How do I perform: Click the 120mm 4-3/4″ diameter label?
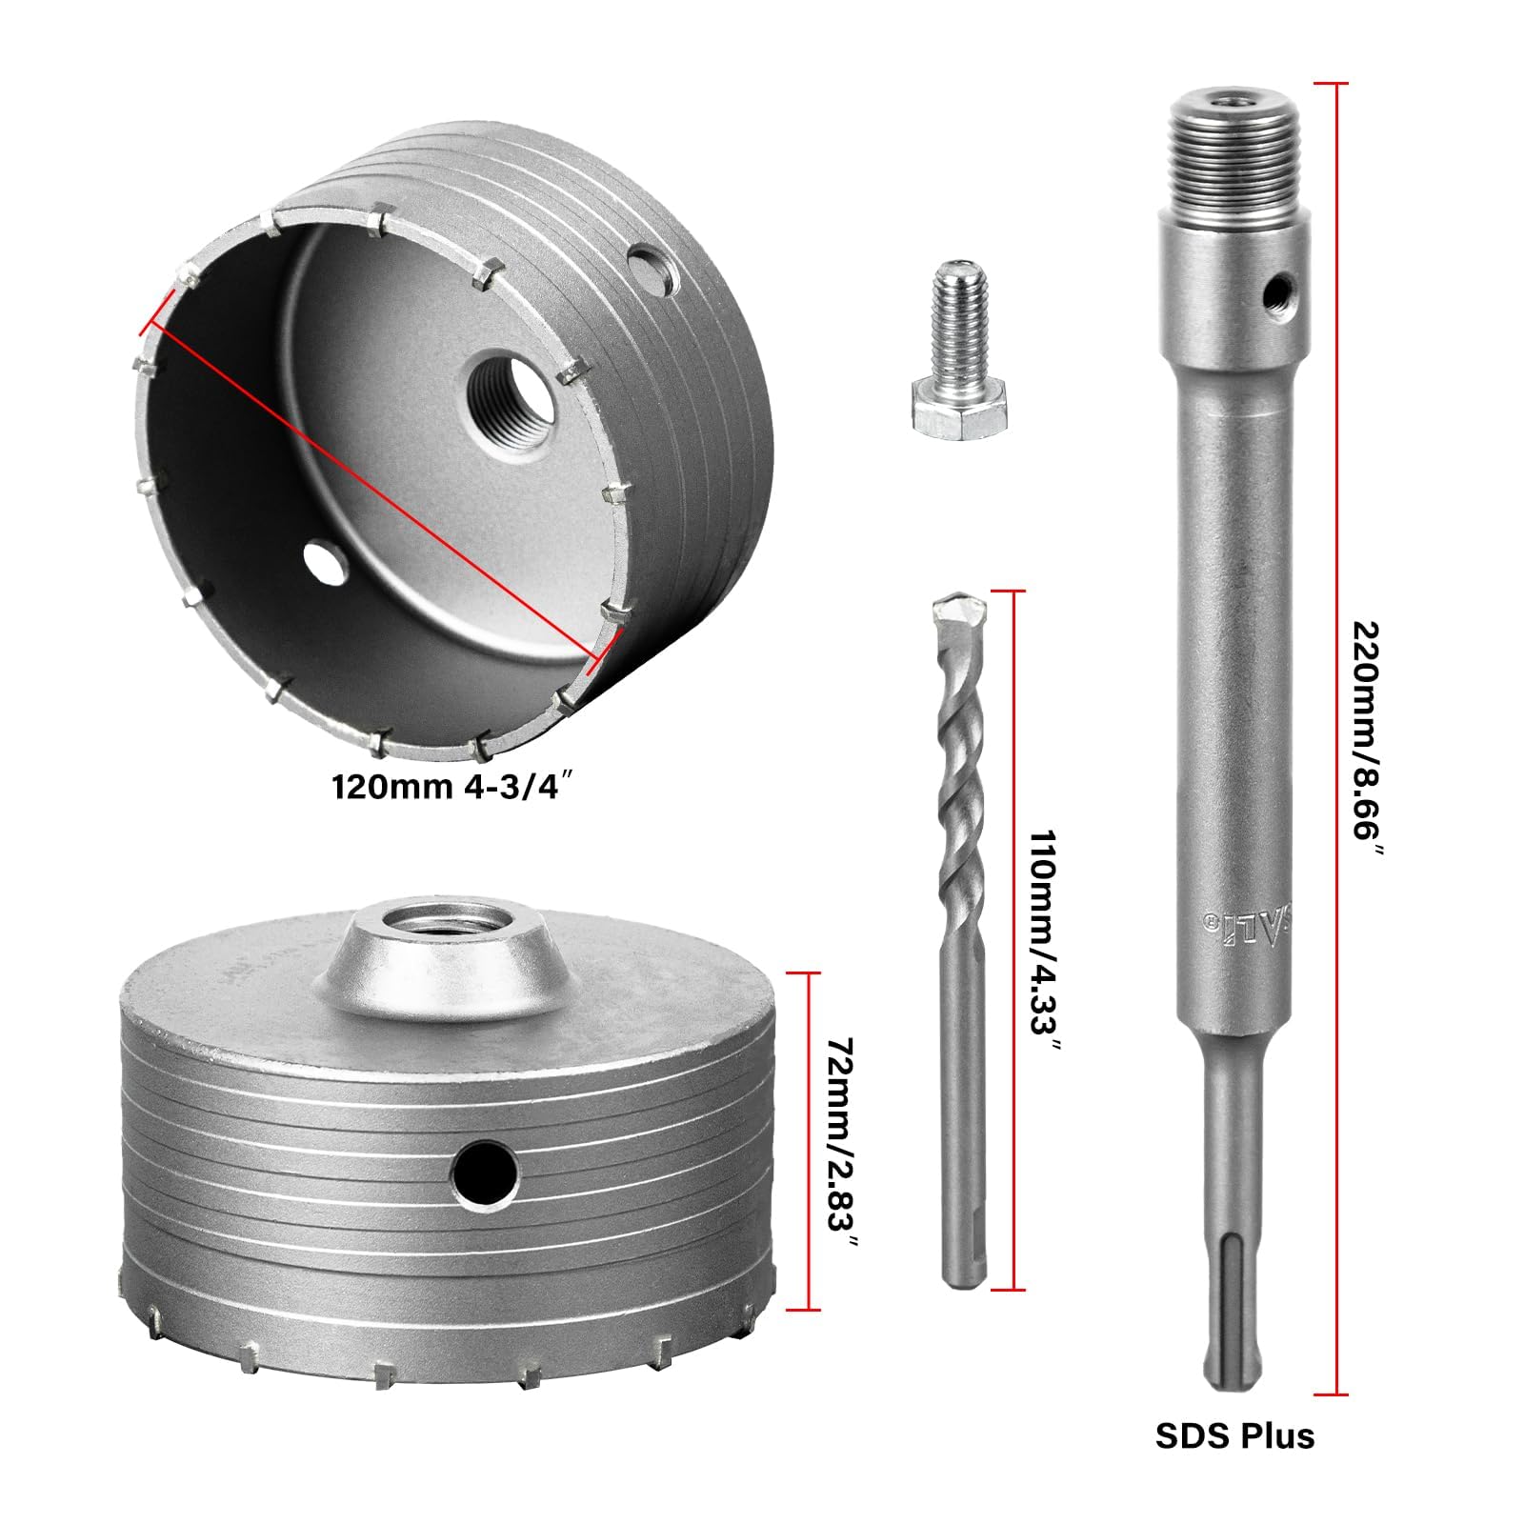click(453, 788)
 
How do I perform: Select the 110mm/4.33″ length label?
click(1045, 940)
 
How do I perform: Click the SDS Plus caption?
click(1234, 1435)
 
